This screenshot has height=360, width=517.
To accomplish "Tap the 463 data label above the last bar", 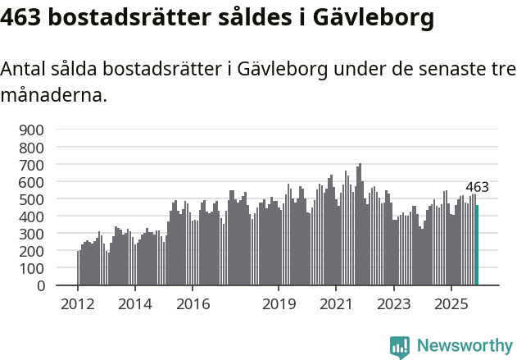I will [x=477, y=188].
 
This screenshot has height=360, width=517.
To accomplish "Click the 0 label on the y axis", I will [x=40, y=286].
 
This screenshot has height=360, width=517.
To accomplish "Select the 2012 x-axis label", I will [x=78, y=305].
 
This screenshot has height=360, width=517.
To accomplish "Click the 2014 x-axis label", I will [x=135, y=305].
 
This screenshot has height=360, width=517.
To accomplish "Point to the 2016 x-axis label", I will [x=193, y=305].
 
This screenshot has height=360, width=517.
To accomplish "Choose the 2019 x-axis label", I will [x=279, y=305].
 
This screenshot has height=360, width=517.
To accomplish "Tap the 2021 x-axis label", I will [x=336, y=305].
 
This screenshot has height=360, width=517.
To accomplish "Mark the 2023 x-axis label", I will [x=393, y=305].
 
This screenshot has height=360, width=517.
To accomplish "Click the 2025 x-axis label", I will [x=451, y=305].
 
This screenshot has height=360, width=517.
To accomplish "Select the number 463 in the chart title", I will [x=25, y=18].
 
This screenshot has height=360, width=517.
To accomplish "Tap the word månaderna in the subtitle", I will [x=53, y=96].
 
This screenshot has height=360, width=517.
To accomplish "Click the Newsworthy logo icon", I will [x=400, y=347].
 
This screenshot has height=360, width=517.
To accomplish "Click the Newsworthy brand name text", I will [x=464, y=347].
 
